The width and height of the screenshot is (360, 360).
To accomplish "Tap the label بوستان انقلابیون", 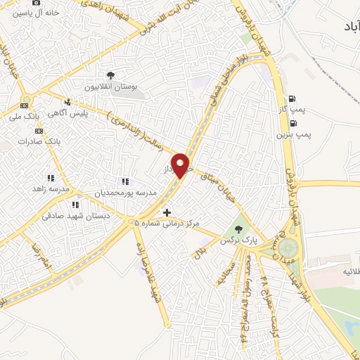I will (x=110, y=87).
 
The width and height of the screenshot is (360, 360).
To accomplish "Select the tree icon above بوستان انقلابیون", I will (x=110, y=75).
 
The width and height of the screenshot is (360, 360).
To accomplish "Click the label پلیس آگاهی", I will (x=67, y=113).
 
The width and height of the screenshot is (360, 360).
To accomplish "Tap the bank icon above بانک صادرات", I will (x=38, y=130).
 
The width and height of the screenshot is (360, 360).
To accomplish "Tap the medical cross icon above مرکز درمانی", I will (x=167, y=212).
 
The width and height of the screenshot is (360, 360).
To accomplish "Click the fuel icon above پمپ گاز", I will (x=292, y=99).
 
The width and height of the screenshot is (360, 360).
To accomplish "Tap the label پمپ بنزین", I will (x=293, y=132).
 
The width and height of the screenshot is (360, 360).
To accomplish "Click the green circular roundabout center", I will (x=287, y=248).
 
